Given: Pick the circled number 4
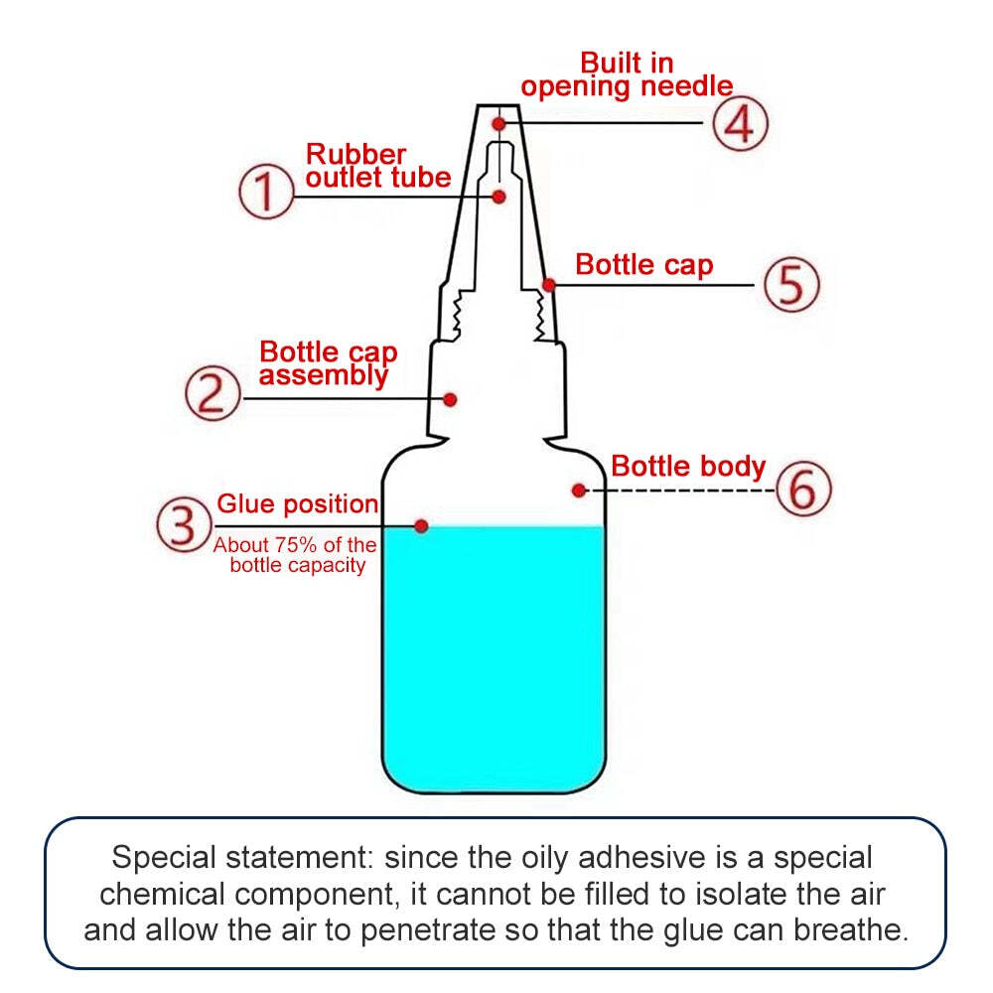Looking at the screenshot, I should pyautogui.click(x=740, y=123).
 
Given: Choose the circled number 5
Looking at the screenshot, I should pyautogui.click(x=791, y=285).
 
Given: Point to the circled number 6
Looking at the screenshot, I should pyautogui.click(x=802, y=489).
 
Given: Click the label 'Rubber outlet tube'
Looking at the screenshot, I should pyautogui.click(x=378, y=167).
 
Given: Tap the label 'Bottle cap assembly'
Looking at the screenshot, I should pyautogui.click(x=328, y=363).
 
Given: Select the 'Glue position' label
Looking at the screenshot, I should pyautogui.click(x=298, y=504).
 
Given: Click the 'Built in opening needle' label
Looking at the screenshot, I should pyautogui.click(x=627, y=75).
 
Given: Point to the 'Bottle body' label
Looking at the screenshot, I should pyautogui.click(x=688, y=466).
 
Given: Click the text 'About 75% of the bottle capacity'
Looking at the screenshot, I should pyautogui.click(x=296, y=555).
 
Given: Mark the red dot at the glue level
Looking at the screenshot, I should pyautogui.click(x=421, y=525).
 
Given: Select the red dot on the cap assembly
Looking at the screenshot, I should pyautogui.click(x=450, y=399).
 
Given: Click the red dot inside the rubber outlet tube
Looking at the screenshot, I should pyautogui.click(x=499, y=196).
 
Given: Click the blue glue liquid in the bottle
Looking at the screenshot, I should pyautogui.click(x=494, y=655).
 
